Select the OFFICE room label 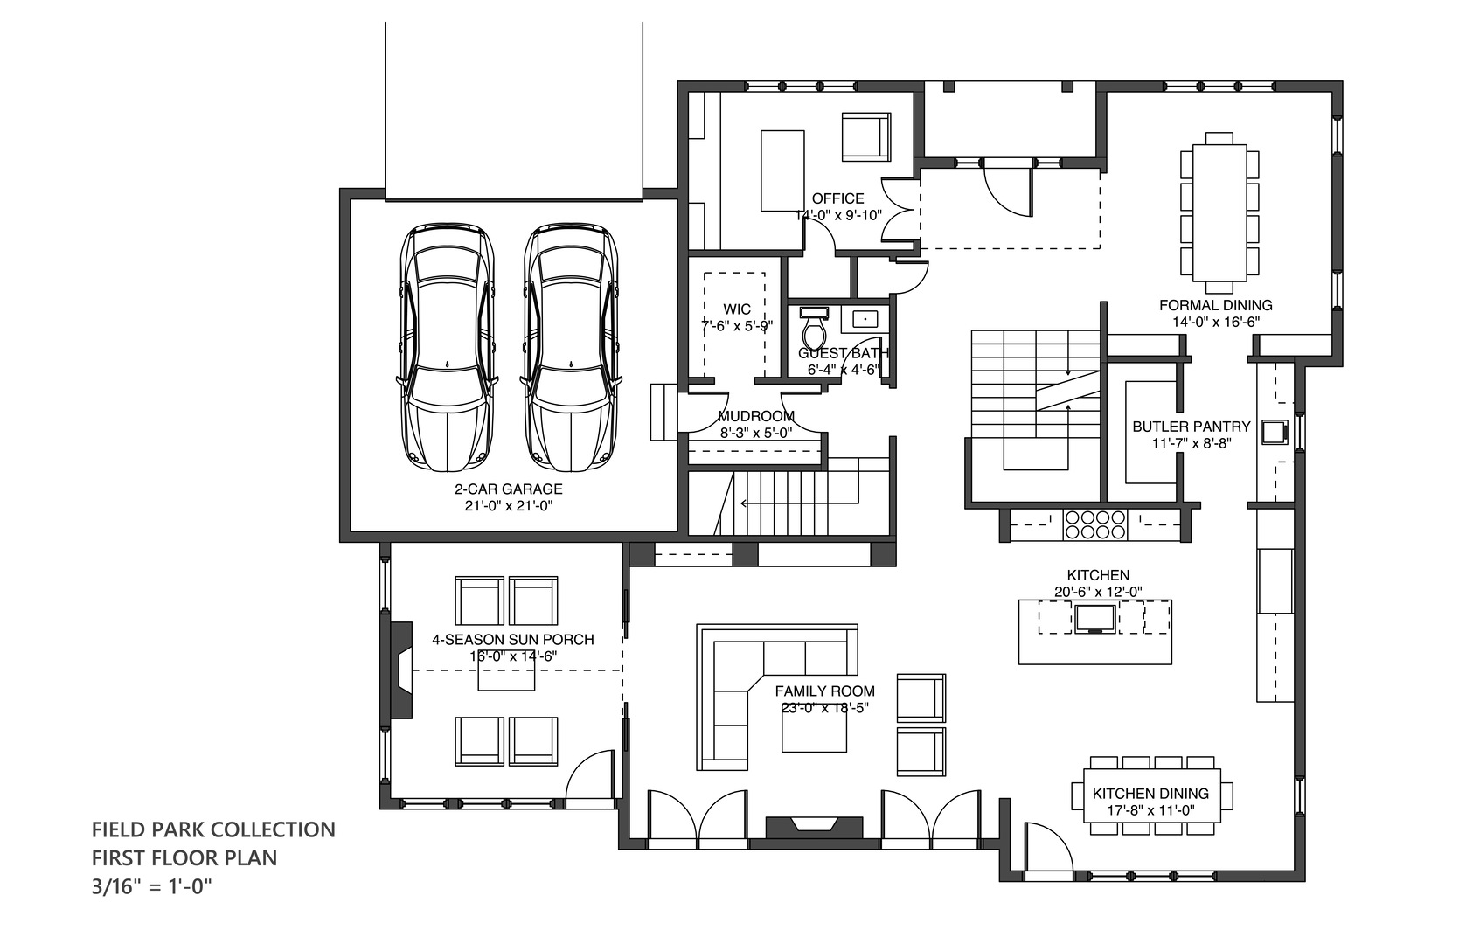click(837, 198)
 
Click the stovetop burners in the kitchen click(1094, 524)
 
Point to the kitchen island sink click(1094, 619)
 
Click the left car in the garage click(447, 349)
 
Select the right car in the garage click(571, 349)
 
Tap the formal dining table click(1219, 213)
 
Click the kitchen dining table click(1151, 795)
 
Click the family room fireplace click(814, 827)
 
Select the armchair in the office click(865, 137)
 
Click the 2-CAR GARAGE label click(508, 489)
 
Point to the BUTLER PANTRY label click(1192, 427)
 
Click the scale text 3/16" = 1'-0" click(152, 886)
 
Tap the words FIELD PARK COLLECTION click(213, 829)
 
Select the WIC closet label click(737, 309)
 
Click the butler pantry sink click(1275, 432)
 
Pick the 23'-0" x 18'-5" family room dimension click(824, 707)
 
